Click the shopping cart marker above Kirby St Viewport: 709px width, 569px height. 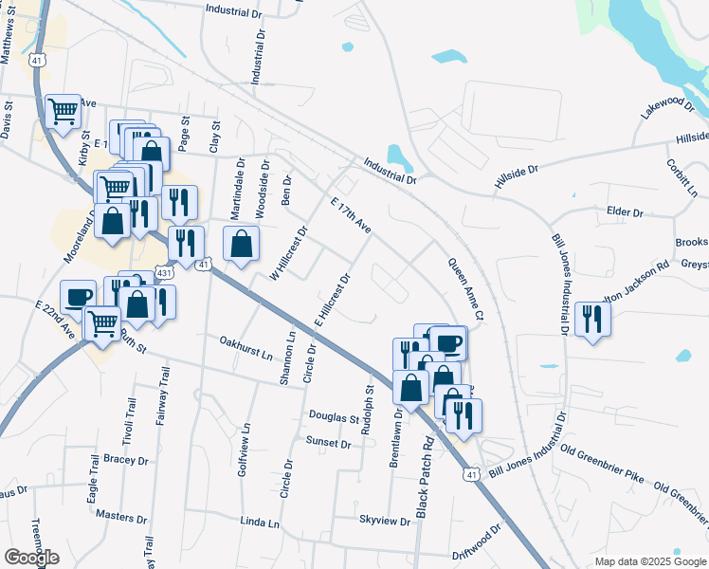(x=63, y=112)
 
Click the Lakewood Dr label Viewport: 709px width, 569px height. (x=667, y=106)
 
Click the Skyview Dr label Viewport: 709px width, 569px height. (x=383, y=520)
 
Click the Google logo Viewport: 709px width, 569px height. (x=31, y=557)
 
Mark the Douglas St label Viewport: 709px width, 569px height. (x=335, y=417)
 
